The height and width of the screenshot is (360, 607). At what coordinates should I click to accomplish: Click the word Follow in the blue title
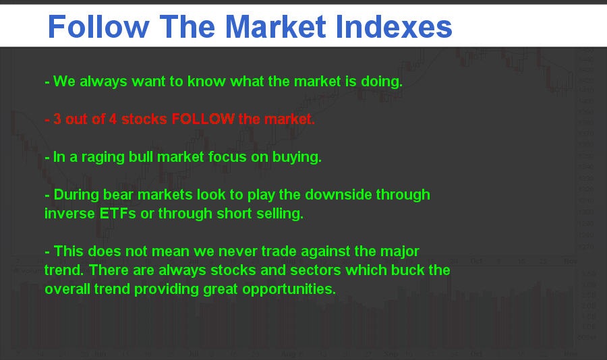[x=98, y=26]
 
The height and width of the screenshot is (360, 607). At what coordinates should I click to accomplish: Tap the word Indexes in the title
[x=394, y=26]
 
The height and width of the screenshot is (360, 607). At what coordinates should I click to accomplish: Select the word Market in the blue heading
[x=276, y=26]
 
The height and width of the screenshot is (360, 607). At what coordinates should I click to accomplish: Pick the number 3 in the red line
[x=57, y=119]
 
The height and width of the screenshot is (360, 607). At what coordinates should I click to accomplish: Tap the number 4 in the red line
[x=113, y=119]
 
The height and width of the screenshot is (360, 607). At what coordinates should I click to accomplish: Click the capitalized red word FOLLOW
[x=203, y=119]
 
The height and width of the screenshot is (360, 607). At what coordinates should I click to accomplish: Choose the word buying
[x=297, y=158]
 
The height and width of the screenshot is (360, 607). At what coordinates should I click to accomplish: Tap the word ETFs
[x=117, y=214]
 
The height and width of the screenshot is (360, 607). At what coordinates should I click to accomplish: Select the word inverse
[x=69, y=214]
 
